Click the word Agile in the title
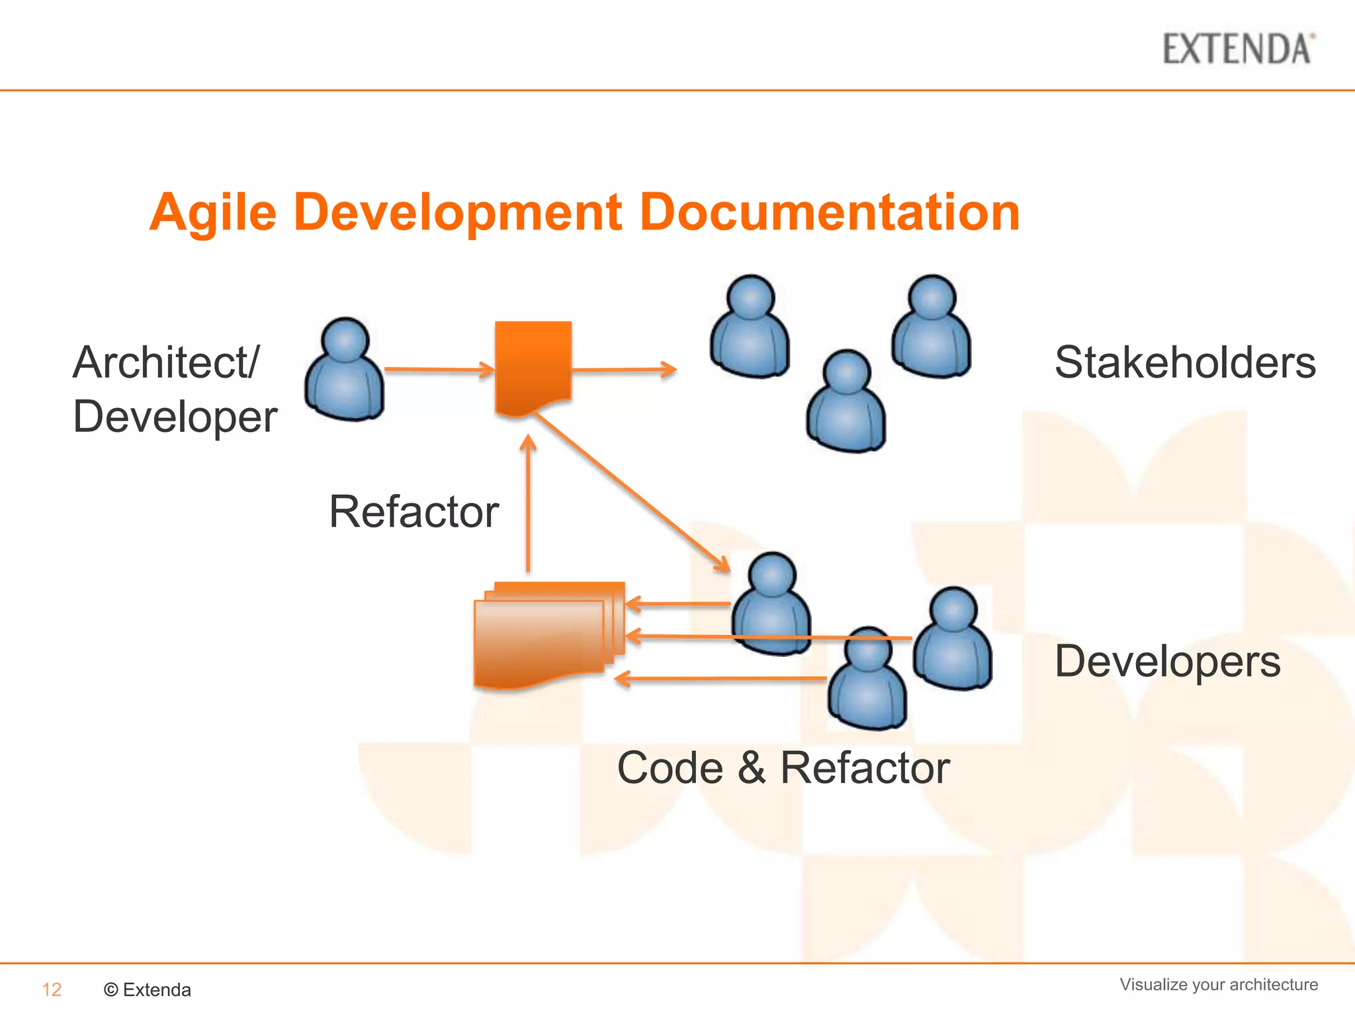pos(213,213)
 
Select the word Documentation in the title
pos(830,213)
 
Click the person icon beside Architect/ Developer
pos(344,370)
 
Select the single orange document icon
pos(533,368)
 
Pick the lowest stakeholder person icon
pos(846,402)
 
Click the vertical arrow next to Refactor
pos(528,503)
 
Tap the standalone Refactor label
pos(414,512)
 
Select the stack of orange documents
pos(546,635)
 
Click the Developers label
pos(1167,661)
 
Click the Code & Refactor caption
pos(783,768)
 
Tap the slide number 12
pos(52,990)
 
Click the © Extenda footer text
pos(148,990)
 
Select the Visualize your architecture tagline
pos(1218,984)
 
